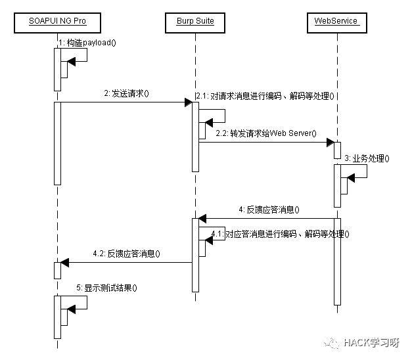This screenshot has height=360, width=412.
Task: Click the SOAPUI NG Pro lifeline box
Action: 57,22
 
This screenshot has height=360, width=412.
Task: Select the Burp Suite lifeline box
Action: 195,22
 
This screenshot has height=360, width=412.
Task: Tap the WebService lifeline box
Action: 336,22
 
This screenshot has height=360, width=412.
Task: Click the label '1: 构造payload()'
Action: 87,43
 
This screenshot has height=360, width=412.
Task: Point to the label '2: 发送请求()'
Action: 126,93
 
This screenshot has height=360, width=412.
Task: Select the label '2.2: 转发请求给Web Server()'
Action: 265,134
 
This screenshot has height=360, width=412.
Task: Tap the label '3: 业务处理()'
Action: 367,158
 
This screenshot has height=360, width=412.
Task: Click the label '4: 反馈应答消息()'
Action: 269,210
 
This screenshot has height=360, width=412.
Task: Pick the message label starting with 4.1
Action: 280,234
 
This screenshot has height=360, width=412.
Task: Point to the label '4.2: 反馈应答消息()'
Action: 127,254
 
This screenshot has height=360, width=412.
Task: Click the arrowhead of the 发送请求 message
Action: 188,102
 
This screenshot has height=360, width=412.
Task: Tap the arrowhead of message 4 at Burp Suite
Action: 203,218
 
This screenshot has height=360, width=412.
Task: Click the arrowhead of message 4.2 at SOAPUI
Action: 64,262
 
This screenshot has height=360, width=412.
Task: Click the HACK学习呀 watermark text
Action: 371,342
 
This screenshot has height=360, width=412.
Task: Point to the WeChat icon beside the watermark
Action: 332,342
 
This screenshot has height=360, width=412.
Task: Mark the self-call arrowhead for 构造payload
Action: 72,60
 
